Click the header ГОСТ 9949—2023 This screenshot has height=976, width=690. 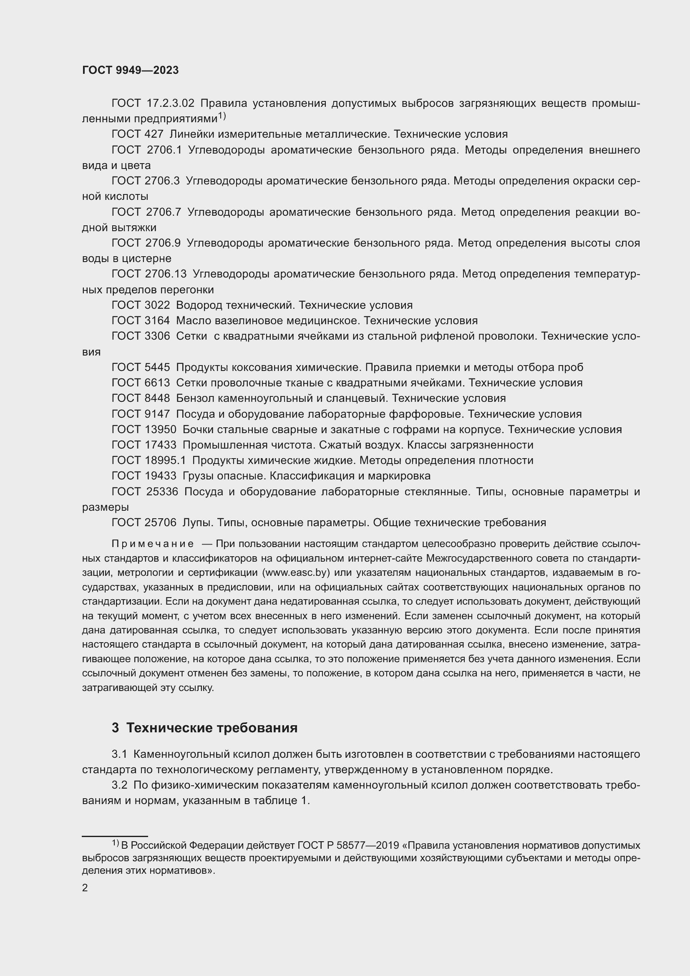tap(131, 71)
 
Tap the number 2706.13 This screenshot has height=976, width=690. tap(166, 274)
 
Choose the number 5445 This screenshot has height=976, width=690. tap(157, 367)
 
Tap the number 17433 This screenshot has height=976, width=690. tap(161, 445)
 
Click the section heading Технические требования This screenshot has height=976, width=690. tap(212, 728)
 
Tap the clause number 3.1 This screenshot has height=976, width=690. tap(119, 754)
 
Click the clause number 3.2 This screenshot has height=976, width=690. tap(119, 785)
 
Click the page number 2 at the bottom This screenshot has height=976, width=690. tap(85, 888)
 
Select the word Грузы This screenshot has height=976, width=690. tap(198, 476)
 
